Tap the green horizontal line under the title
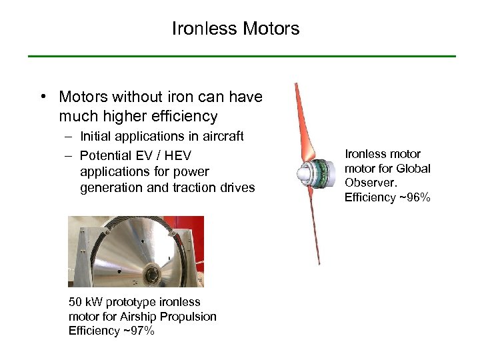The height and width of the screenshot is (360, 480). (241, 56)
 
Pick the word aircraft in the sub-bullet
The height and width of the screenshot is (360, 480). (219, 137)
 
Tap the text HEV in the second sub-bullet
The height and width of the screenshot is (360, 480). (179, 155)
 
